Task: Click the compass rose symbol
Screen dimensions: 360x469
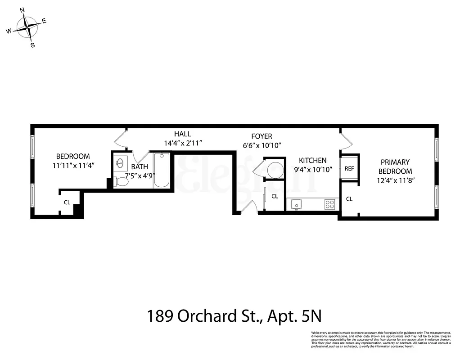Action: [28, 28]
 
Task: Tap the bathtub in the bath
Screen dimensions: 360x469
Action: [162, 171]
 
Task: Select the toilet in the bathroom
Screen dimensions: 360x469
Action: [121, 181]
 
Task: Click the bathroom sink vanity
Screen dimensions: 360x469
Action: [120, 162]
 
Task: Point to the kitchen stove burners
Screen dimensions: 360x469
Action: [330, 204]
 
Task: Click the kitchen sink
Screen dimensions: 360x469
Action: [296, 204]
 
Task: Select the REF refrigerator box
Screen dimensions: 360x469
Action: [349, 168]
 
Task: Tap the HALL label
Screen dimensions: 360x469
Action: [183, 134]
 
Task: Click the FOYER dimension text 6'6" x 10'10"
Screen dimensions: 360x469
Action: [262, 145]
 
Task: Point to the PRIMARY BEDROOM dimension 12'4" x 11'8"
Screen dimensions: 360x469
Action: [395, 180]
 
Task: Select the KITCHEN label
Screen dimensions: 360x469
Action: [313, 160]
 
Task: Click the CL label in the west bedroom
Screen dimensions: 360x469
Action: [67, 202]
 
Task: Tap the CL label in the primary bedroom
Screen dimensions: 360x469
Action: [349, 198]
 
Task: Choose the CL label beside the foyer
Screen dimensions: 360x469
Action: [275, 196]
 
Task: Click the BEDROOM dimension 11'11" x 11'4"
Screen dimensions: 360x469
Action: [73, 165]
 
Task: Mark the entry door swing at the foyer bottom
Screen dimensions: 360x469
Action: [251, 207]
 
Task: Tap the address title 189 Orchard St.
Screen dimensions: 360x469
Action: [234, 316]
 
